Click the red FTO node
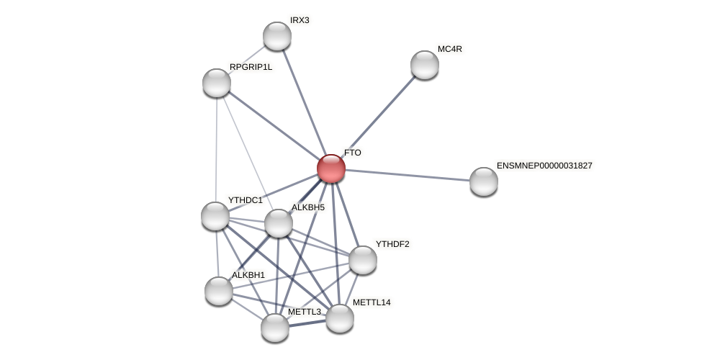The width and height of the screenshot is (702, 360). pos(331,168)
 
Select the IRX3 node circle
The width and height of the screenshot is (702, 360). pos(277,36)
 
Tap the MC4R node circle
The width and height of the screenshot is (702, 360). pos(425,65)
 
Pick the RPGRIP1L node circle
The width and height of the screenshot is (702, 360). pos(217,83)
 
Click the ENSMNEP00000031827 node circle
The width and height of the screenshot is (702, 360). pos(484,181)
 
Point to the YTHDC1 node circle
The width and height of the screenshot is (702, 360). pos(215,216)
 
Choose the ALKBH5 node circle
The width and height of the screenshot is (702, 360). pos(279,223)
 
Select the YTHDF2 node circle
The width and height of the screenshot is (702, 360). pos(363,260)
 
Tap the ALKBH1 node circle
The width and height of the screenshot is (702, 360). pos(219,291)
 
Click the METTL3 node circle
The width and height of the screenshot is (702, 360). pos(275,328)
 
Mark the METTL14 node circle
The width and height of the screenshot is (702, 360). pos(340,318)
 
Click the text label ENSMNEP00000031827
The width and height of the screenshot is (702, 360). pos(544,166)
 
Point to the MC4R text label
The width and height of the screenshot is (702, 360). pos(450,49)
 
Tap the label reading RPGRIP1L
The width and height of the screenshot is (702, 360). pos(251,67)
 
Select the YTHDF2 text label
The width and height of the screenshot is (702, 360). pos(392,244)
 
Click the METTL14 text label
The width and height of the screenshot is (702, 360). pos(372,302)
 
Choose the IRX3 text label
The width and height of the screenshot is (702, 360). pos(300,20)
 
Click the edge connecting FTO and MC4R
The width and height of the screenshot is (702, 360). pos(378,117)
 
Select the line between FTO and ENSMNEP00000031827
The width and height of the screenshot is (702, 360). pos(408,175)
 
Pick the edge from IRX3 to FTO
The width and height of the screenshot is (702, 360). pos(304,102)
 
